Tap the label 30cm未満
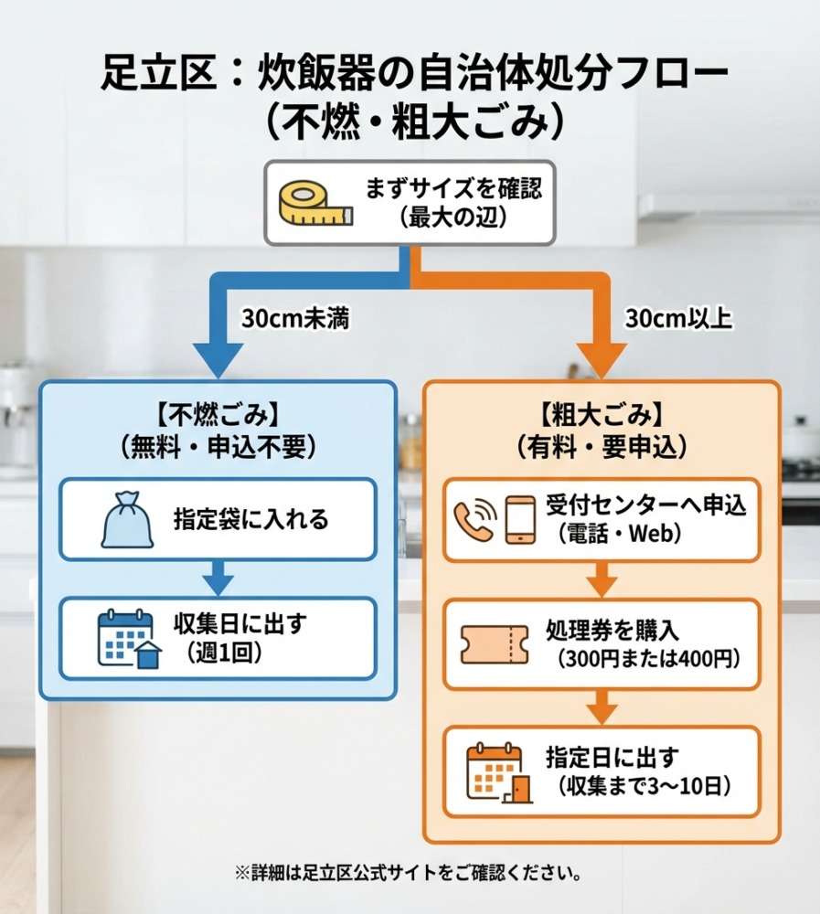click(294, 319)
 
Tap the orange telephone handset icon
click(473, 518)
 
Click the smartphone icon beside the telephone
click(519, 518)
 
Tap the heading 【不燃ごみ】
click(218, 417)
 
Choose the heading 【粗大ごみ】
click(602, 417)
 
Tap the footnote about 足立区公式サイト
click(409, 872)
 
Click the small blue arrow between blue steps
click(218, 579)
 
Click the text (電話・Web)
click(618, 533)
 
